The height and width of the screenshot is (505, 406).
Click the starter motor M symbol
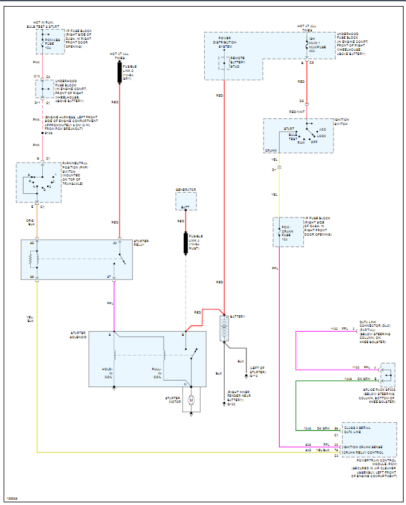click(x=191, y=400)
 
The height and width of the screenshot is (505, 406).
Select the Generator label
click(x=186, y=190)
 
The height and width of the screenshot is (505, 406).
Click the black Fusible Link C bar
click(x=119, y=71)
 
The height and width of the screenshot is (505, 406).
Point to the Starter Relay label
click(x=141, y=243)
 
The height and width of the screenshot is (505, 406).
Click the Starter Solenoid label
click(x=78, y=335)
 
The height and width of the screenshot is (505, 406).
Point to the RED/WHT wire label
click(x=297, y=112)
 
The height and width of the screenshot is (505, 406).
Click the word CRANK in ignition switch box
click(x=271, y=150)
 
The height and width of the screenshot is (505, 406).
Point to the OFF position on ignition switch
click(x=314, y=141)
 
